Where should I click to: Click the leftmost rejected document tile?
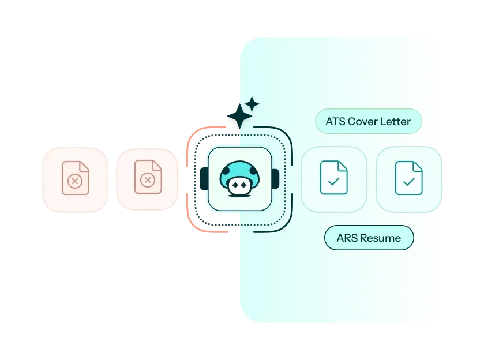[74, 179]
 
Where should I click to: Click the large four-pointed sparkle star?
[238, 118]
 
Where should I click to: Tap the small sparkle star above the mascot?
[252, 104]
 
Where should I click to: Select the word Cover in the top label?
[363, 122]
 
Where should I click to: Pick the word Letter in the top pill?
[396, 122]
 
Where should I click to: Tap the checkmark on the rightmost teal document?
[408, 182]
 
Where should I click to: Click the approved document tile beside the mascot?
[334, 179]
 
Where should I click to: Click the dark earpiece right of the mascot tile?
[275, 179]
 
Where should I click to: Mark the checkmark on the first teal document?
[333, 182]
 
